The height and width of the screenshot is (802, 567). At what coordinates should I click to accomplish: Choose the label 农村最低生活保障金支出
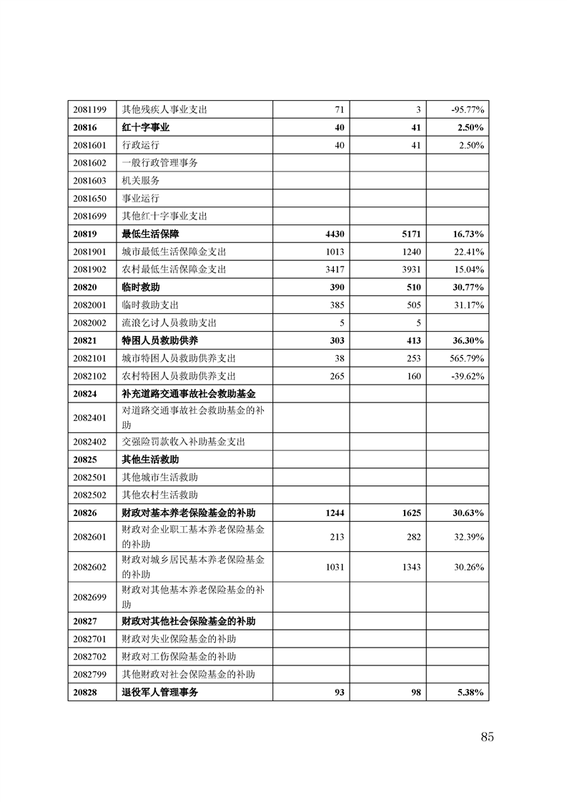pyautogui.click(x=174, y=269)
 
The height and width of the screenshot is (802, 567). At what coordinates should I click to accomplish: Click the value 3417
pyautogui.click(x=334, y=269)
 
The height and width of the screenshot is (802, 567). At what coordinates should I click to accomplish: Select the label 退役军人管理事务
pyautogui.click(x=160, y=692)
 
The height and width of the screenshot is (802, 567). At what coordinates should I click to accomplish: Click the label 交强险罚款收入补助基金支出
pyautogui.click(x=184, y=442)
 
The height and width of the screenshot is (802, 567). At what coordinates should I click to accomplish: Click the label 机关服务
pyautogui.click(x=141, y=180)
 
